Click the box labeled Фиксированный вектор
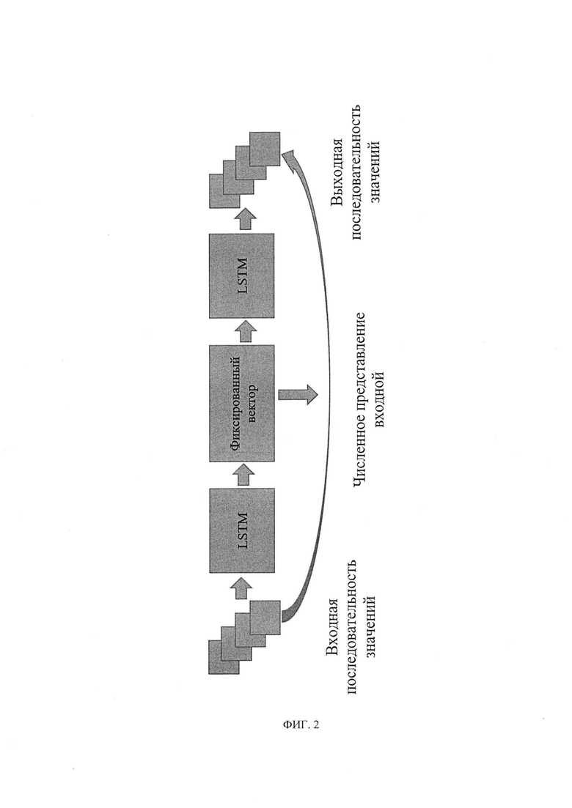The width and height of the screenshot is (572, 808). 241,403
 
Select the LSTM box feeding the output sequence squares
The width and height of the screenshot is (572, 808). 241,275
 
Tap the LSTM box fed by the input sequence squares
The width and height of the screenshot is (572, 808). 241,530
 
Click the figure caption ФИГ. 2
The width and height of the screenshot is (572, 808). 301,724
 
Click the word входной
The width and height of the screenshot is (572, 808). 379,398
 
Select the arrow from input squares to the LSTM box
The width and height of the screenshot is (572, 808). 243,588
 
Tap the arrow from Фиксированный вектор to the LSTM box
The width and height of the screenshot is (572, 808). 243,331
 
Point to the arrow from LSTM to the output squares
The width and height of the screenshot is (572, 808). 243,220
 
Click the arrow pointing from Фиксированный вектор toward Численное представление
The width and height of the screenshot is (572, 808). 298,394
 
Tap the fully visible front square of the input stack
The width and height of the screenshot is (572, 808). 265,617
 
